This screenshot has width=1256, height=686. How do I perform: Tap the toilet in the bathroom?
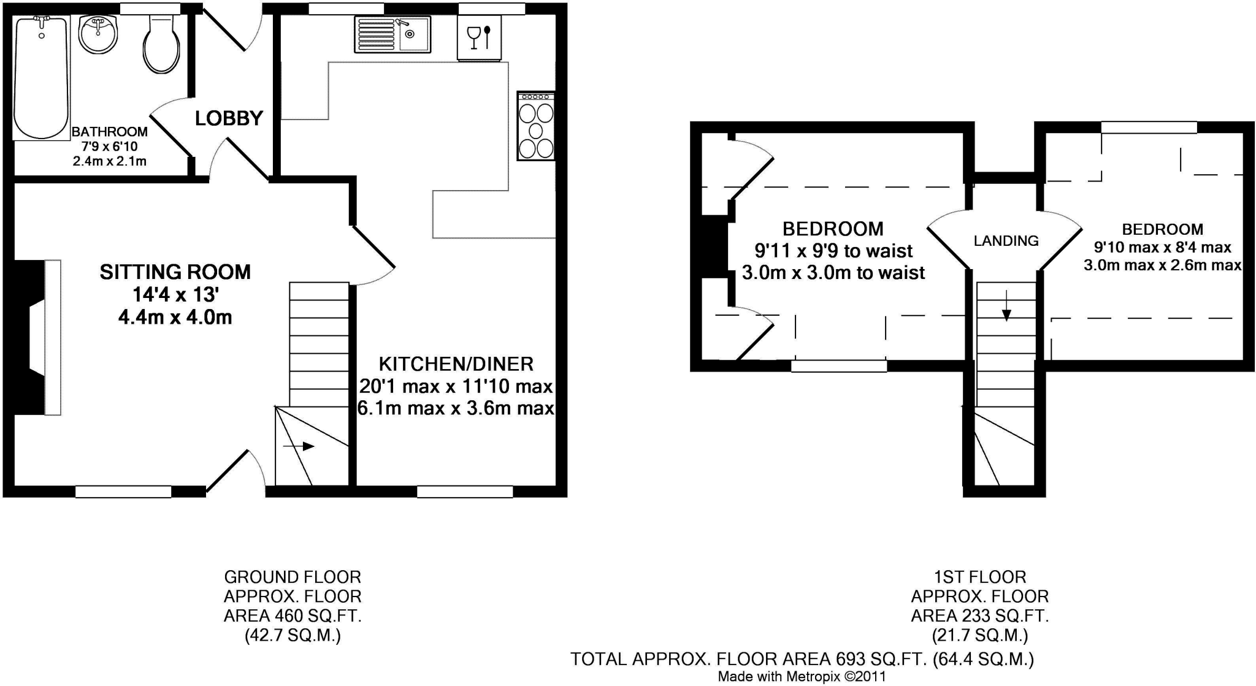pyautogui.click(x=161, y=46)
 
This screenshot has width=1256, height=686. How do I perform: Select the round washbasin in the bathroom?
pyautogui.click(x=98, y=36)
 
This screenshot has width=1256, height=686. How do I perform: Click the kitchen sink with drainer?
pyautogui.click(x=392, y=34)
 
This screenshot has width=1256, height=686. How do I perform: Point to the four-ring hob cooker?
pyautogui.click(x=536, y=126)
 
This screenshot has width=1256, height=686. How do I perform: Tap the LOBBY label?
pyautogui.click(x=229, y=118)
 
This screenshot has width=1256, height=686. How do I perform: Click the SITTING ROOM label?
pyautogui.click(x=175, y=272)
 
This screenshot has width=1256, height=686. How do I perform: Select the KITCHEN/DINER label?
pyautogui.click(x=456, y=364)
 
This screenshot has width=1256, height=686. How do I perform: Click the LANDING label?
pyautogui.click(x=1006, y=241)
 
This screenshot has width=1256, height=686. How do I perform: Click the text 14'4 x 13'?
pyautogui.click(x=175, y=295)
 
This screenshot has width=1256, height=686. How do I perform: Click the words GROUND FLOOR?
pyautogui.click(x=293, y=577)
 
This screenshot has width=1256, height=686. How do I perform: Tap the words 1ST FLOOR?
pyautogui.click(x=979, y=577)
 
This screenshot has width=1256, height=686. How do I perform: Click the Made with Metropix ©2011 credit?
pyautogui.click(x=802, y=677)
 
